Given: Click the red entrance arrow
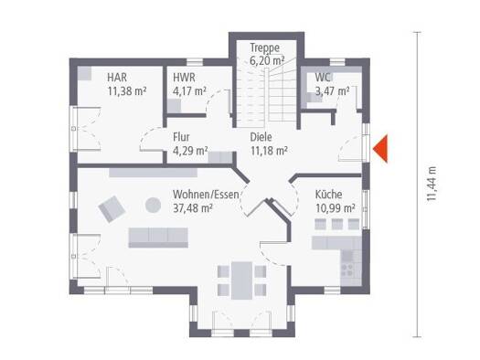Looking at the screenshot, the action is tap(381, 149).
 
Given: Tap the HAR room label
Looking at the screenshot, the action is tap(117, 78).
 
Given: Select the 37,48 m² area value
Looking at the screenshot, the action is tap(193, 208).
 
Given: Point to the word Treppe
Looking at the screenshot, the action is tap(265, 48).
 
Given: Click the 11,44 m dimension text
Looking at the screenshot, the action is tap(431, 184).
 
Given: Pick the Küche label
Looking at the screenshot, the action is tap(329, 195).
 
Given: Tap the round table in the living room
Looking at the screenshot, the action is tap(153, 205).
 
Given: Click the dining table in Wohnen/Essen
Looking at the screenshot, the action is tap(242, 281).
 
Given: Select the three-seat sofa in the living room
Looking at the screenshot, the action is tap(158, 238).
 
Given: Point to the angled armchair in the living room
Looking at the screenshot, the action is tap(112, 208).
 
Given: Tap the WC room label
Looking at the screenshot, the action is tap(323, 78).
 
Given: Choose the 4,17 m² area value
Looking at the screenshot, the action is tap(189, 90).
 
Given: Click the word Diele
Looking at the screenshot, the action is tap(261, 137).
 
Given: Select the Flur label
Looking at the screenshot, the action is tap(181, 137).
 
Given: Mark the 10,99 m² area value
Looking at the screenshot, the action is tap(336, 208).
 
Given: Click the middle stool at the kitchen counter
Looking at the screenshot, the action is tap(337, 224).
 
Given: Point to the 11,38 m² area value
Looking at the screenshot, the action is tap(127, 90).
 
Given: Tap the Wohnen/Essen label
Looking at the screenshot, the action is tap(206, 195).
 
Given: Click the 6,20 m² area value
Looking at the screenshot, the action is tap(267, 60).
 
